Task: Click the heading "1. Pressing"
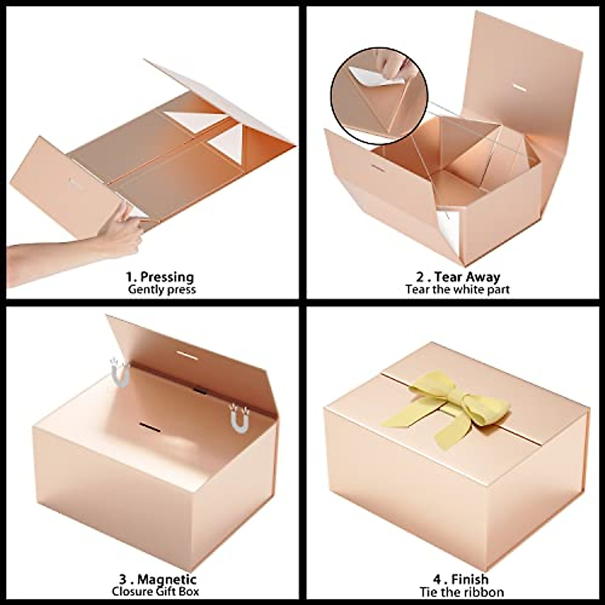[x=159, y=277]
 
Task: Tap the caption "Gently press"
[x=161, y=290]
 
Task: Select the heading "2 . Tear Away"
[x=458, y=277]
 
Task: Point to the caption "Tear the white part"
[x=457, y=290]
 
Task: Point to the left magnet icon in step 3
[x=120, y=372]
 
